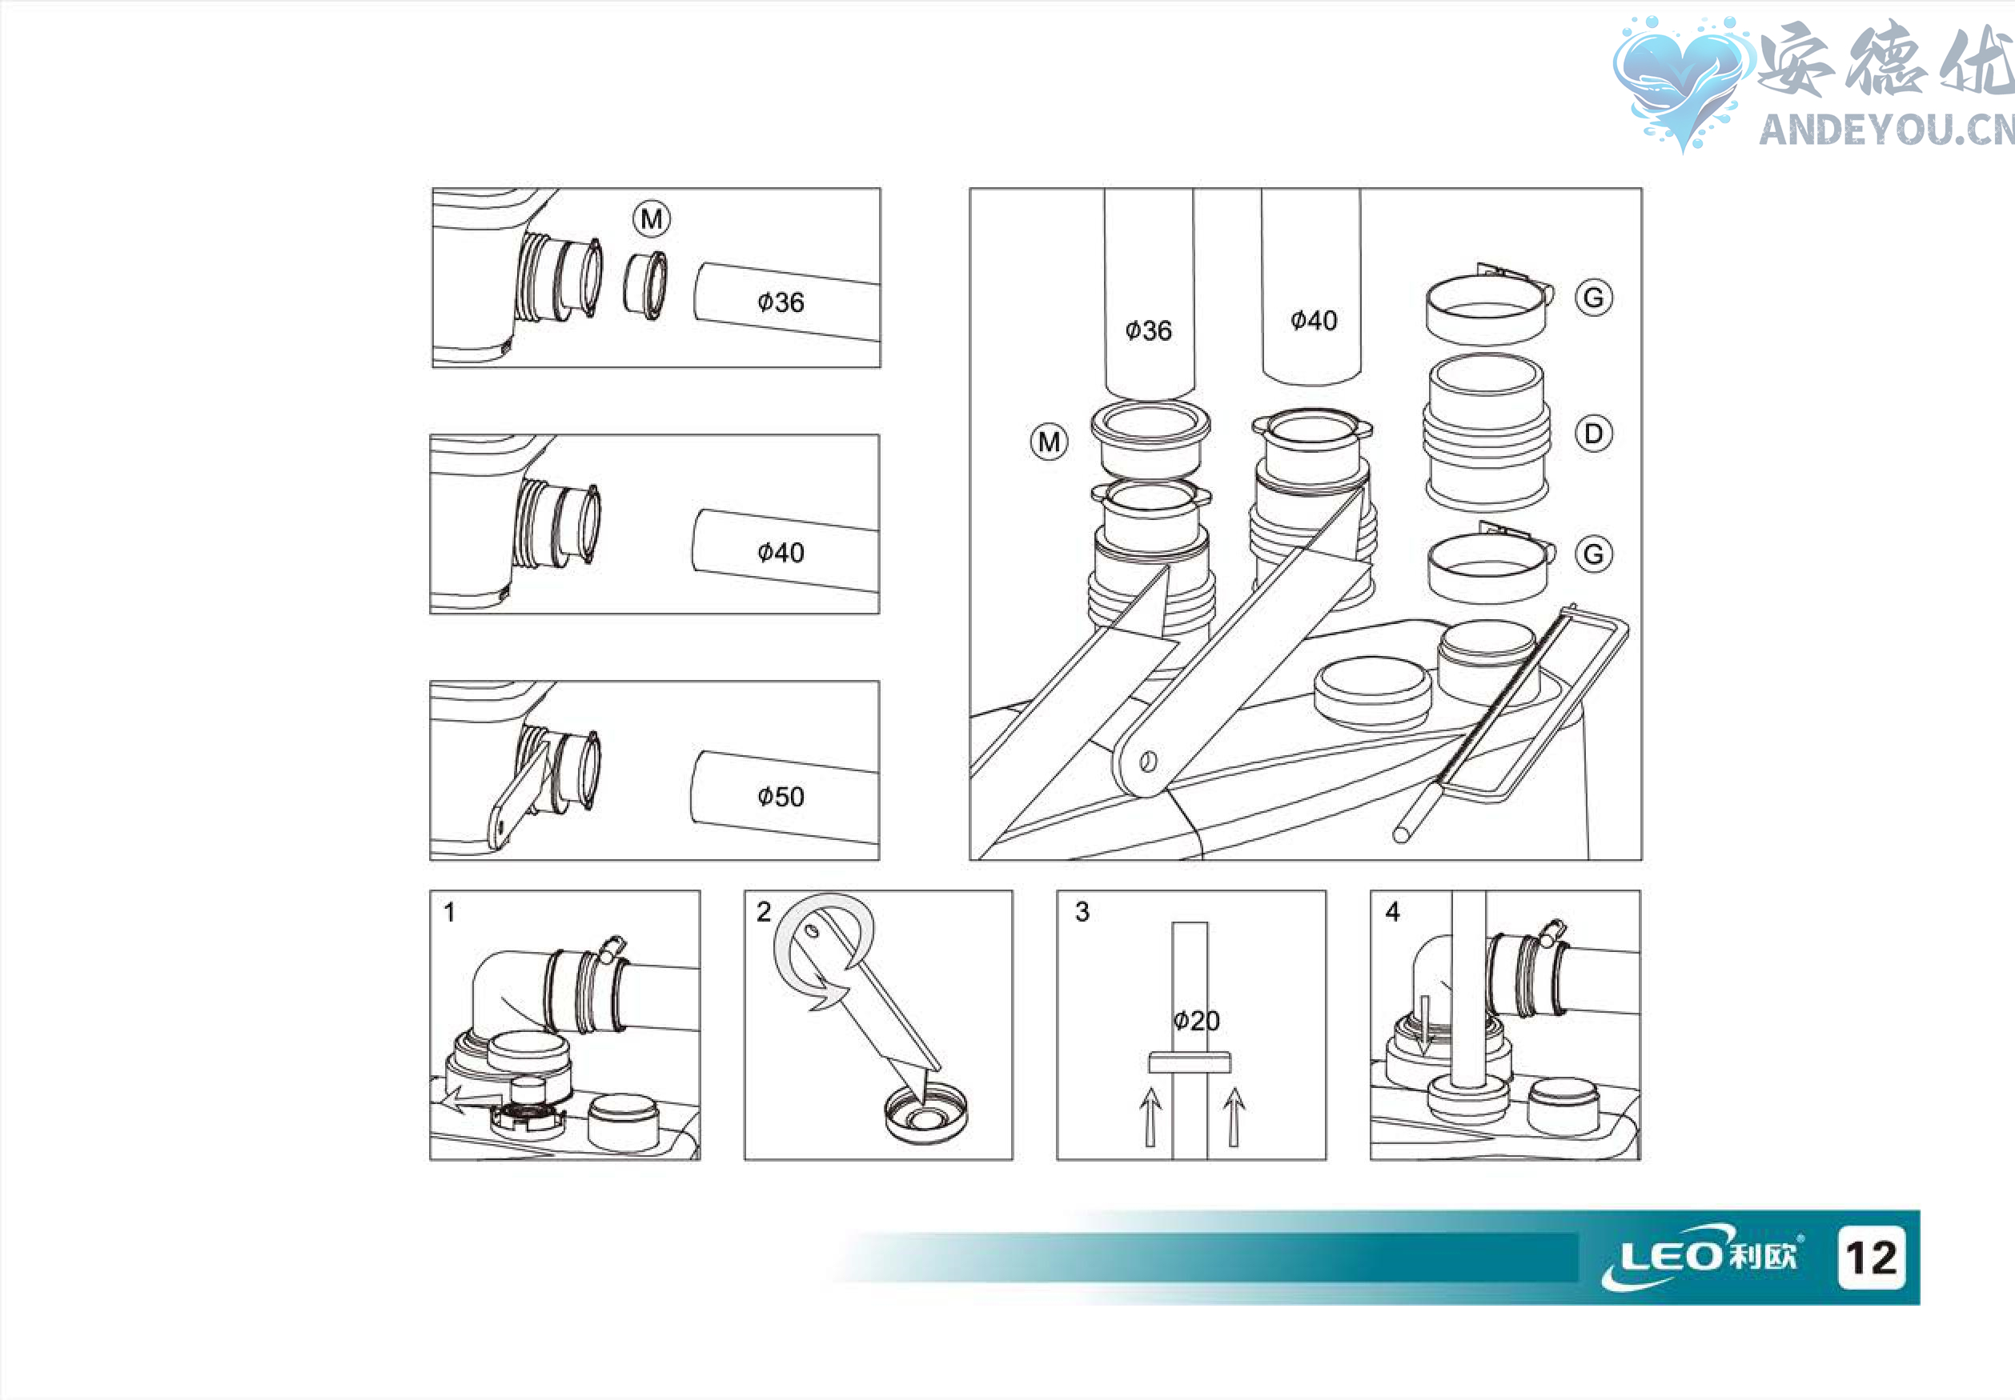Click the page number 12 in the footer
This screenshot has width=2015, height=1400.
pyautogui.click(x=1871, y=1258)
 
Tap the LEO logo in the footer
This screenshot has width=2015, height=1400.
pyautogui.click(x=1699, y=1256)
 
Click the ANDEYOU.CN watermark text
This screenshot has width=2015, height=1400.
pyautogui.click(x=1886, y=130)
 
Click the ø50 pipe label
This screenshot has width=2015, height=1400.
pyautogui.click(x=781, y=797)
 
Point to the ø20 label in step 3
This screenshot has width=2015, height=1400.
pyautogui.click(x=1196, y=1020)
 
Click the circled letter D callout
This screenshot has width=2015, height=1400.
pyautogui.click(x=1594, y=434)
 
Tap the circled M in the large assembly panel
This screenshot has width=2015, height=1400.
pyautogui.click(x=1049, y=442)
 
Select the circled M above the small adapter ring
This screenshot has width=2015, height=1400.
pyautogui.click(x=651, y=218)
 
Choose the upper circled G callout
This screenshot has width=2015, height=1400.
pyautogui.click(x=1594, y=298)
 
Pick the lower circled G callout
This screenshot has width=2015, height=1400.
pyautogui.click(x=1594, y=554)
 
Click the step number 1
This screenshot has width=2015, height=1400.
pyautogui.click(x=449, y=912)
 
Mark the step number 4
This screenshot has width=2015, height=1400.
pyautogui.click(x=1392, y=912)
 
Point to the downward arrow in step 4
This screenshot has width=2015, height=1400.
pyautogui.click(x=1424, y=1025)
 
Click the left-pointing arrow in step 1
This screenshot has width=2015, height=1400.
pyautogui.click(x=472, y=1099)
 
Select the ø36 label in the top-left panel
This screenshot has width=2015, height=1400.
pyautogui.click(x=781, y=302)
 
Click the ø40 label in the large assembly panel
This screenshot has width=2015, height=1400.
pyautogui.click(x=1314, y=320)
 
